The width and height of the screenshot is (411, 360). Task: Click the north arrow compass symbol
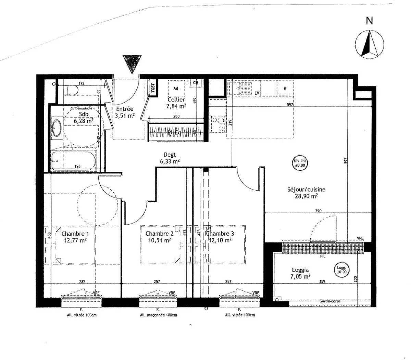click(x=369, y=44)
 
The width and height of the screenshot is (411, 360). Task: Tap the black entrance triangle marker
click(x=131, y=63)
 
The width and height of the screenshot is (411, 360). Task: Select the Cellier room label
click(x=176, y=99)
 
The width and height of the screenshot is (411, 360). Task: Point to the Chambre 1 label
click(x=75, y=234)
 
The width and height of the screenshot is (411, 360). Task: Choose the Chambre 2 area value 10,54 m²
click(x=159, y=240)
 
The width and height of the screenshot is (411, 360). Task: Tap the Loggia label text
click(x=300, y=270)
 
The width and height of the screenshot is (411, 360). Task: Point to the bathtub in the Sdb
click(x=74, y=159)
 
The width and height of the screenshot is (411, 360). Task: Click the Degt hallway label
click(x=170, y=155)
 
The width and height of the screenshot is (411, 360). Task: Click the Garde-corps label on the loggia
click(x=329, y=301)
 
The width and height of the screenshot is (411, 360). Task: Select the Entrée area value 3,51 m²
click(x=125, y=116)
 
